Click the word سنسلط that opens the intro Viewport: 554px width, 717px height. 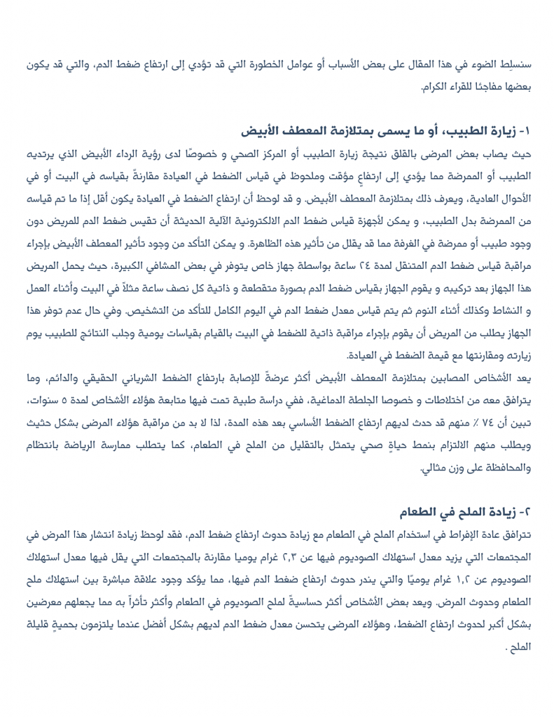point(516,65)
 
